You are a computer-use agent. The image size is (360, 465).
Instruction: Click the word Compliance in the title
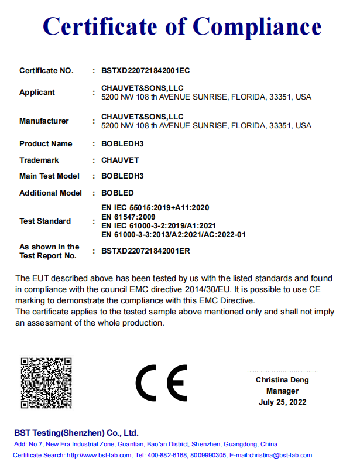click(257, 27)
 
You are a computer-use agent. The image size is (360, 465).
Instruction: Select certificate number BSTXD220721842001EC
click(146, 71)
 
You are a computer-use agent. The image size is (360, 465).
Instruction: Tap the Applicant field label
click(37, 93)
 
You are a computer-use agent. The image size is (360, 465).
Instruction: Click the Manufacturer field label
click(44, 121)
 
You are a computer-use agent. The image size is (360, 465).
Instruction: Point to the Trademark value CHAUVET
click(121, 160)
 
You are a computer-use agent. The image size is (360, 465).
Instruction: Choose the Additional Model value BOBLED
click(118, 193)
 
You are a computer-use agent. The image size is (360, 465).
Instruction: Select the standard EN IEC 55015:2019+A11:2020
click(156, 208)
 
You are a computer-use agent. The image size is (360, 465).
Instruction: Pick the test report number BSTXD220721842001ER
click(146, 251)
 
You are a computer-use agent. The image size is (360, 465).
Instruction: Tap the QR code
click(46, 382)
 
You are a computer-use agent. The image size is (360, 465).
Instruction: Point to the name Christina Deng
click(282, 380)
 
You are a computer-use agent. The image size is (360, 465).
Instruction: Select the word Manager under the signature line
click(282, 391)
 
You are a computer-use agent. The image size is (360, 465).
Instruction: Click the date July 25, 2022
click(282, 402)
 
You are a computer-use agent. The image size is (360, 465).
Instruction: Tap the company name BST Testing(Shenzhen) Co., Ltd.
click(77, 433)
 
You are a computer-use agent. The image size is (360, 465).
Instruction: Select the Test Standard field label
click(45, 221)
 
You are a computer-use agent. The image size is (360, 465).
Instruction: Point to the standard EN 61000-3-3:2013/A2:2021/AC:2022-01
click(173, 234)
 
